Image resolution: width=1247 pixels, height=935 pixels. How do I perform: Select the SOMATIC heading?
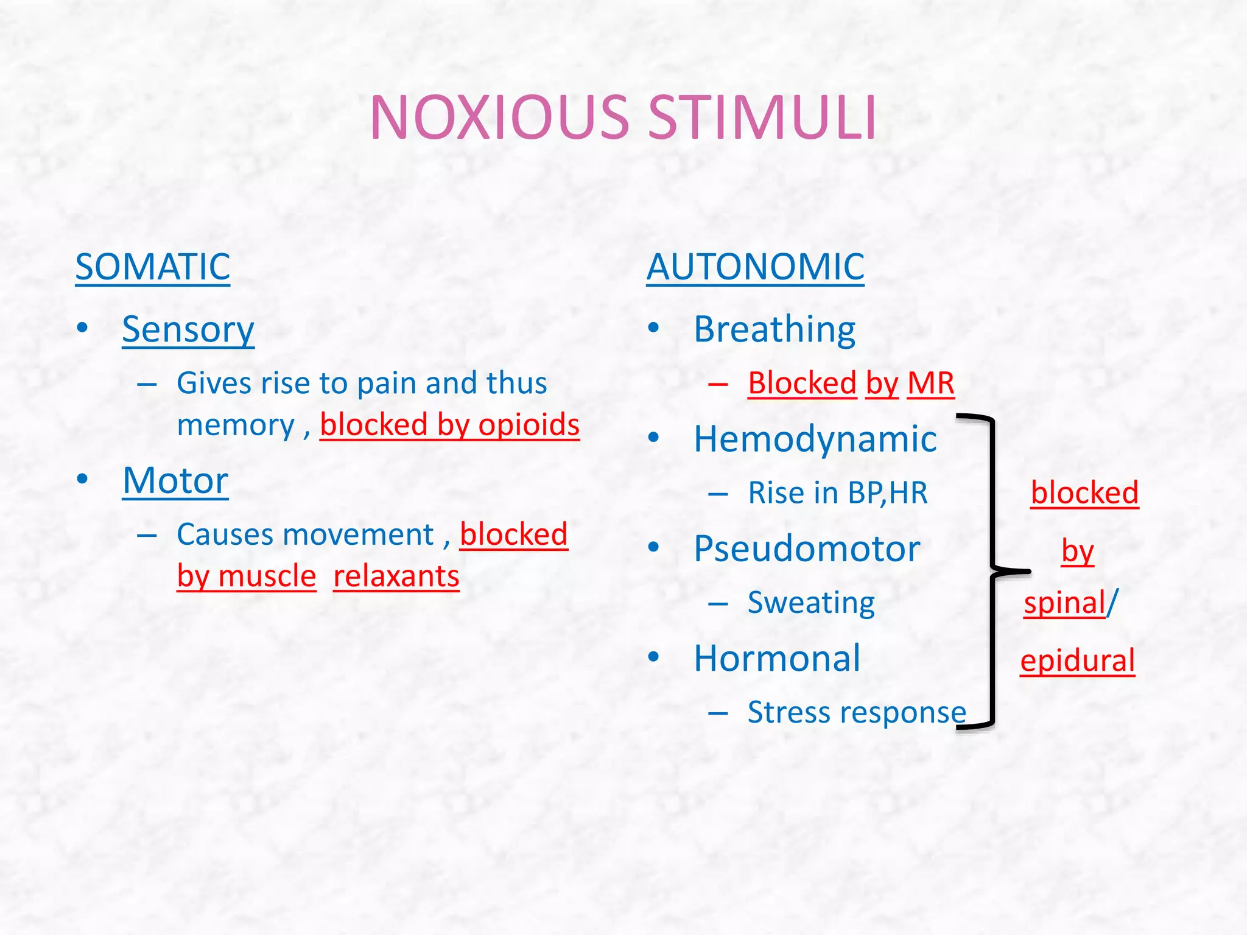(x=153, y=267)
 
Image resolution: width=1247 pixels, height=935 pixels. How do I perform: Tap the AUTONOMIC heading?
(x=755, y=267)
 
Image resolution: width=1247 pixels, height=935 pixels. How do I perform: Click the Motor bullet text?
(x=175, y=480)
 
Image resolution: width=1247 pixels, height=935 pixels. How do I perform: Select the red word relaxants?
(x=396, y=576)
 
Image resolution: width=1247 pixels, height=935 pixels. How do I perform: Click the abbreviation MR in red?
(x=930, y=383)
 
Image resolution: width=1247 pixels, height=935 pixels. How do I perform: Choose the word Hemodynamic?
(x=815, y=439)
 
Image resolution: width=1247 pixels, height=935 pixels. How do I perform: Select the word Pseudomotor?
(x=807, y=548)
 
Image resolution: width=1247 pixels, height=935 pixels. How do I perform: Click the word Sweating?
(x=811, y=603)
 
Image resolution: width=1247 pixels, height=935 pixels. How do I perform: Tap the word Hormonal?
(x=778, y=658)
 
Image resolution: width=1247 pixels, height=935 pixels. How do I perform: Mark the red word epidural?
(x=1077, y=660)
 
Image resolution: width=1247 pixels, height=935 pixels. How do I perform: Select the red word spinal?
(x=1064, y=603)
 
